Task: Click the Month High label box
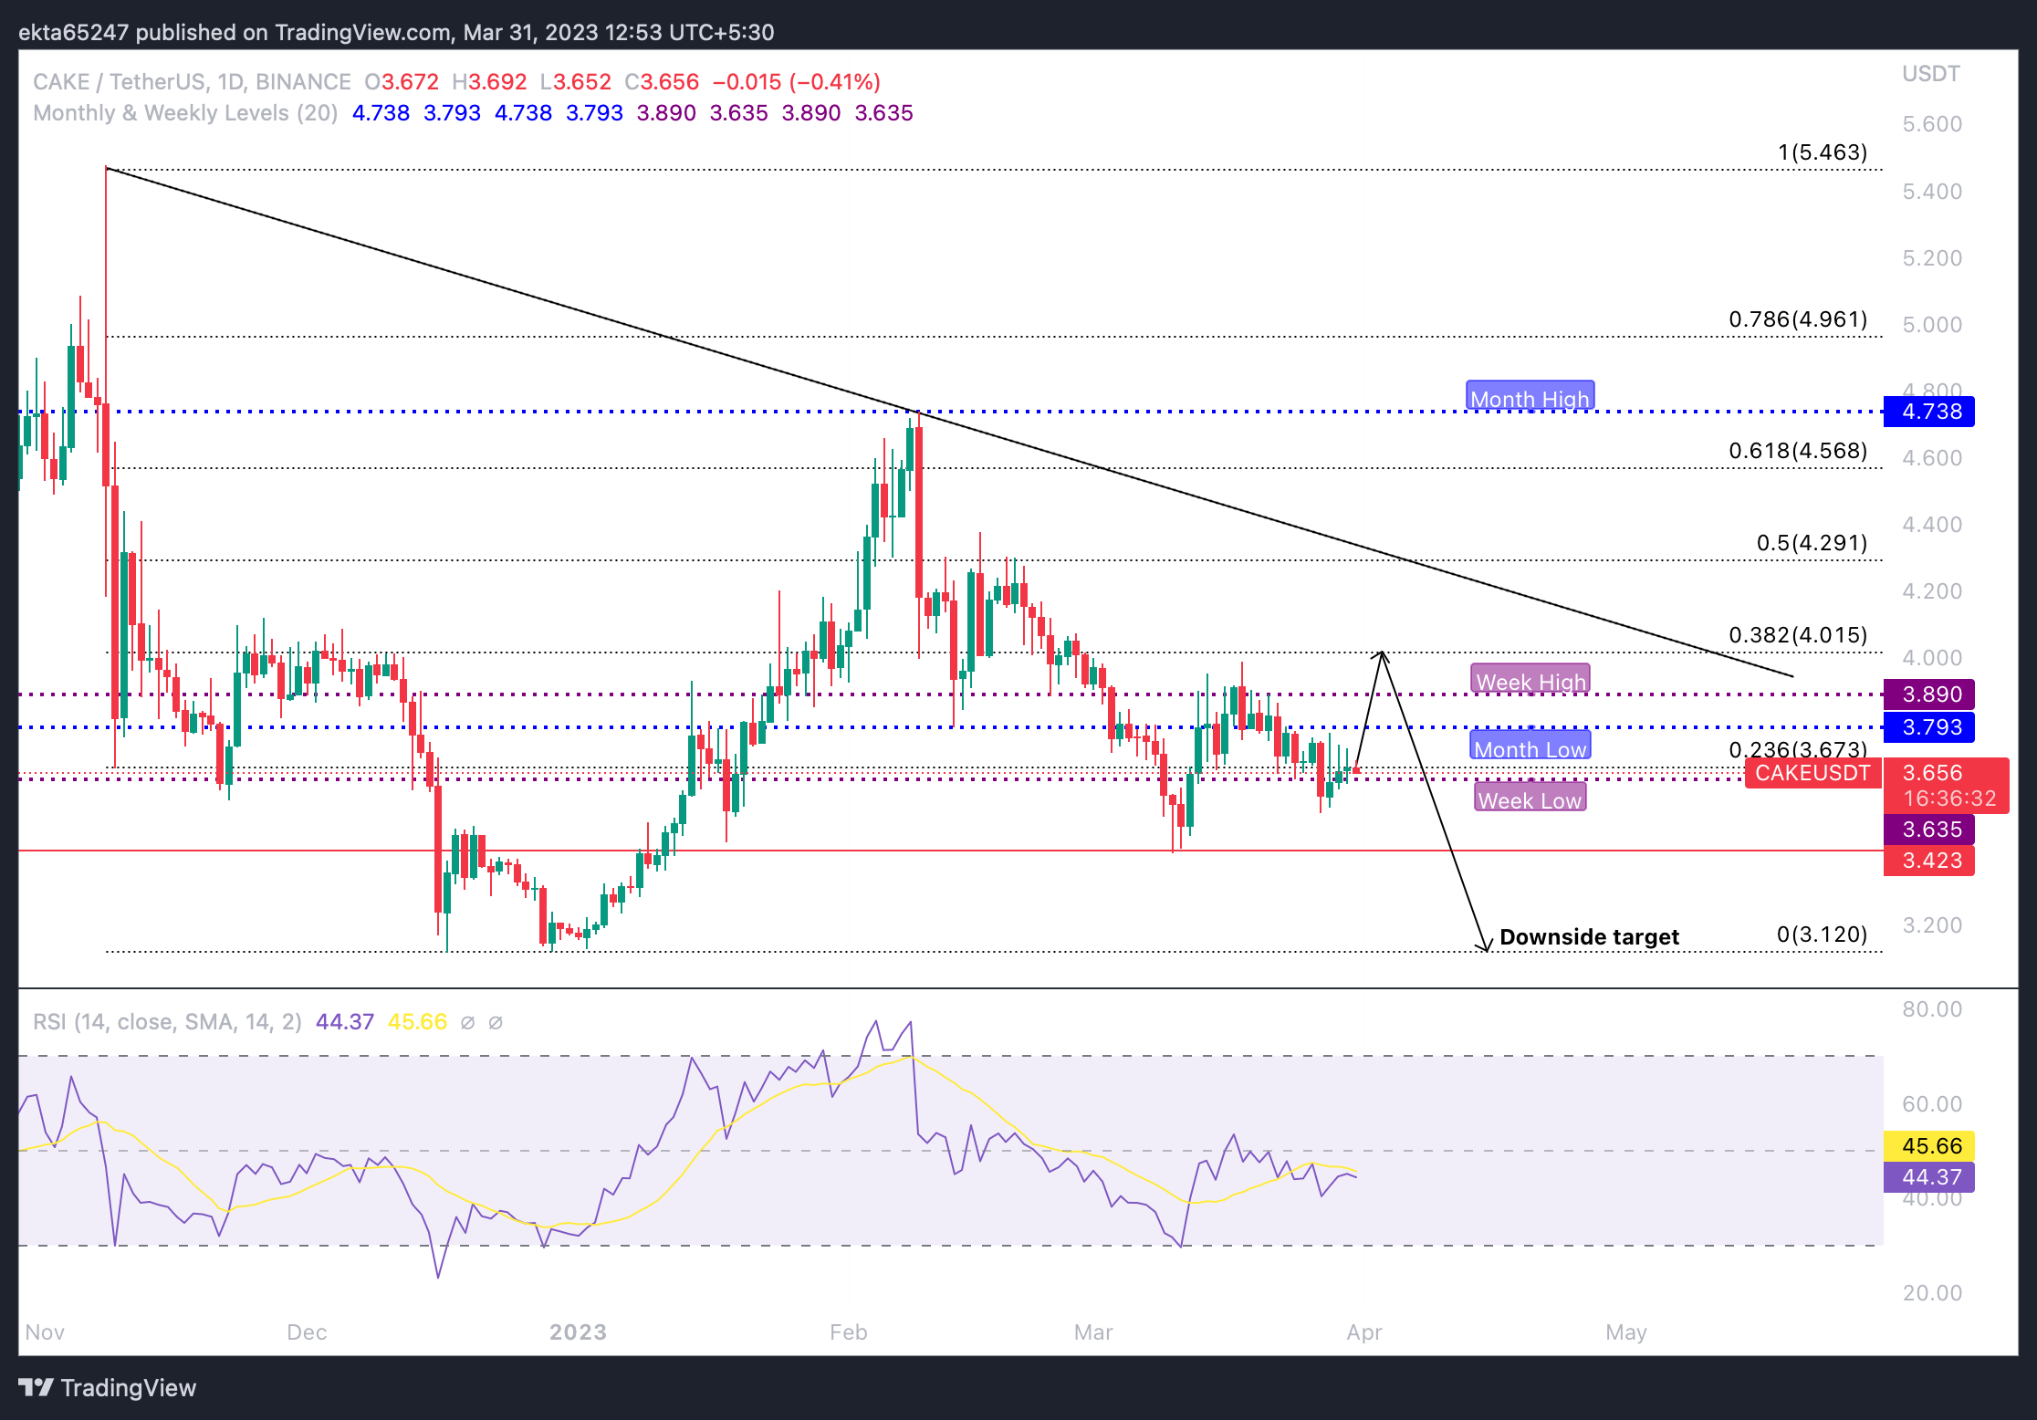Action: (x=1530, y=397)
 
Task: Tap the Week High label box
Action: (x=1530, y=680)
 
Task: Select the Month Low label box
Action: (x=1530, y=747)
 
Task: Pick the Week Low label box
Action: (x=1530, y=799)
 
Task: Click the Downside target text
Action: (x=1589, y=937)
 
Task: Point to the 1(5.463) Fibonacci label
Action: (x=1822, y=152)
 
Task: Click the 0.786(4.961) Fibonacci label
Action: (x=1798, y=319)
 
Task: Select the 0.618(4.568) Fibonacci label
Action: (x=1798, y=451)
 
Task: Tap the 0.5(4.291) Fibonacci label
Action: (x=1812, y=543)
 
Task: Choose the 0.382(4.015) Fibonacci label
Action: (x=1798, y=635)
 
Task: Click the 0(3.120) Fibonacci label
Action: (x=1822, y=934)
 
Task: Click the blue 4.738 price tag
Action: (x=1929, y=412)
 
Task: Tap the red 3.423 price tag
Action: (x=1929, y=861)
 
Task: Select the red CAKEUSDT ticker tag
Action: (x=1812, y=774)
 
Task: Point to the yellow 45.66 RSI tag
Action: (x=1929, y=1146)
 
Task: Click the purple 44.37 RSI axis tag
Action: (x=1929, y=1177)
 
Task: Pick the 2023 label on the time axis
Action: (x=578, y=1332)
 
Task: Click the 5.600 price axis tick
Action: (x=1932, y=124)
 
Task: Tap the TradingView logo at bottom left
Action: (x=108, y=1388)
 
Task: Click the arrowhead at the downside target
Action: (x=1485, y=945)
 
